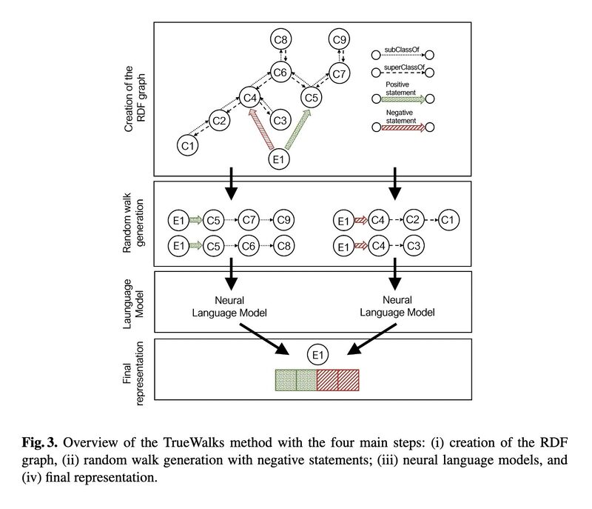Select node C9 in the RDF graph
[x=340, y=40]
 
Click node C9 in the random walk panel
[x=285, y=219]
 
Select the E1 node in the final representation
[x=317, y=356]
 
